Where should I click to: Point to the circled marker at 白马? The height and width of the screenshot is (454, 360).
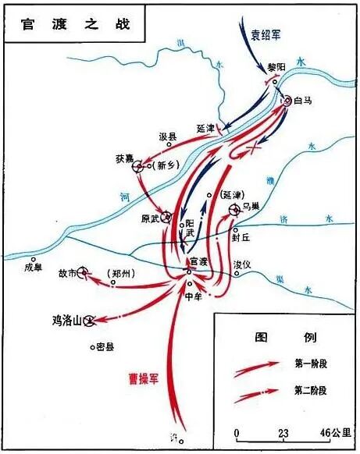point(287,100)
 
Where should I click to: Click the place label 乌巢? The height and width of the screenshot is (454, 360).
point(250,205)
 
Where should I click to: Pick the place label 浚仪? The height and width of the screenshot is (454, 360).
point(244,264)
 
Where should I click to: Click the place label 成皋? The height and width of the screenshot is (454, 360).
point(33,267)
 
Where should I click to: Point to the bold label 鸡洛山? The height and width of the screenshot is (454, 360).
point(66,320)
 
